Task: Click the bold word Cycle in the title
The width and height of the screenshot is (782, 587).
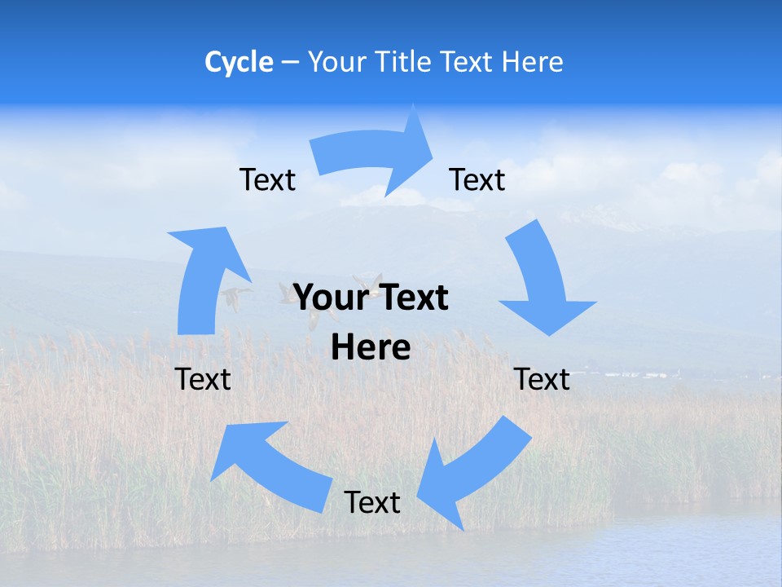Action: point(239,62)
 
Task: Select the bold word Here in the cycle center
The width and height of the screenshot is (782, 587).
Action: point(371,348)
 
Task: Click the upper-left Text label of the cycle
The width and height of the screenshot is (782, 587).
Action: point(267,180)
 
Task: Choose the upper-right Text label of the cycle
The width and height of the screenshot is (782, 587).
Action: point(477,180)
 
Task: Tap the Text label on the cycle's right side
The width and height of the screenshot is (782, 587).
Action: point(542,379)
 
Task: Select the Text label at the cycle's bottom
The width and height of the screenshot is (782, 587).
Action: point(372,502)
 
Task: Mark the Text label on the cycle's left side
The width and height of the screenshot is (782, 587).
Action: point(203,379)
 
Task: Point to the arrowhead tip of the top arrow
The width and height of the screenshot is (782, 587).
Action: point(433,146)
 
